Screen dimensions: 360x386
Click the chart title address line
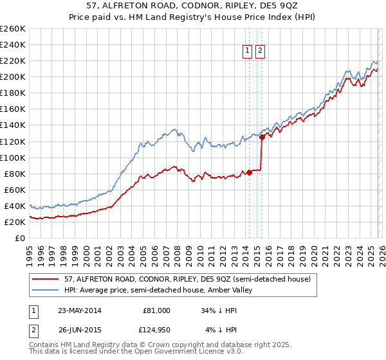coord(192,6)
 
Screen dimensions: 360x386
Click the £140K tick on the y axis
coord(13,125)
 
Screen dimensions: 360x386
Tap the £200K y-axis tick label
coord(13,76)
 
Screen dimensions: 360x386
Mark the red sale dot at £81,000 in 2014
coord(249,172)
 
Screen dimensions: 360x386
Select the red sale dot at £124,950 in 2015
coord(262,137)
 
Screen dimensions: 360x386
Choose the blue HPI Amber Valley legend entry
coord(167,291)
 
